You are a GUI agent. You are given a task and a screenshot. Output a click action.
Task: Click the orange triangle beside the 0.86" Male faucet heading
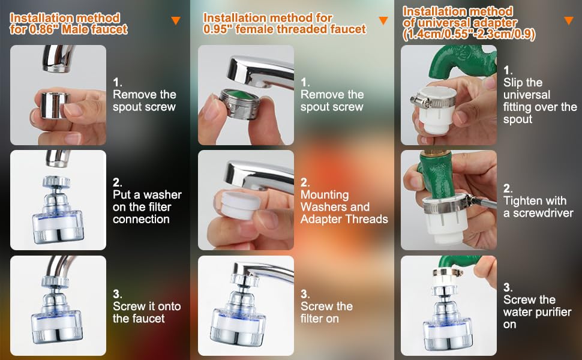point(176,21)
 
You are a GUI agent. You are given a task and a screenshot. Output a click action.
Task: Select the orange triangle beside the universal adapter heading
point(569,21)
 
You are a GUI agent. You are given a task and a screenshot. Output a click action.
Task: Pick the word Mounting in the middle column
point(325,195)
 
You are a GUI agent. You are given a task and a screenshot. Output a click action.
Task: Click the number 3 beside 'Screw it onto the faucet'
point(116,293)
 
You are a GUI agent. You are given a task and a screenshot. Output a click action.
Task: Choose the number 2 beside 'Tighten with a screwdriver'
point(508,188)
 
